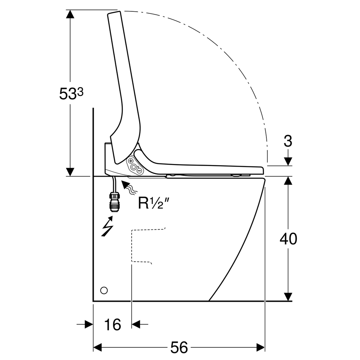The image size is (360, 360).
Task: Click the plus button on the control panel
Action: (131, 161)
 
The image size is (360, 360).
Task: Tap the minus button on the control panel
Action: (139, 170)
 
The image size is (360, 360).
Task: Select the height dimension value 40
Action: (288, 239)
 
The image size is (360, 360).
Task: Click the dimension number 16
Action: (113, 325)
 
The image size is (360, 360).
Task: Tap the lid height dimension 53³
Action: (71, 93)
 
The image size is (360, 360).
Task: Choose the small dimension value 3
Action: (288, 141)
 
